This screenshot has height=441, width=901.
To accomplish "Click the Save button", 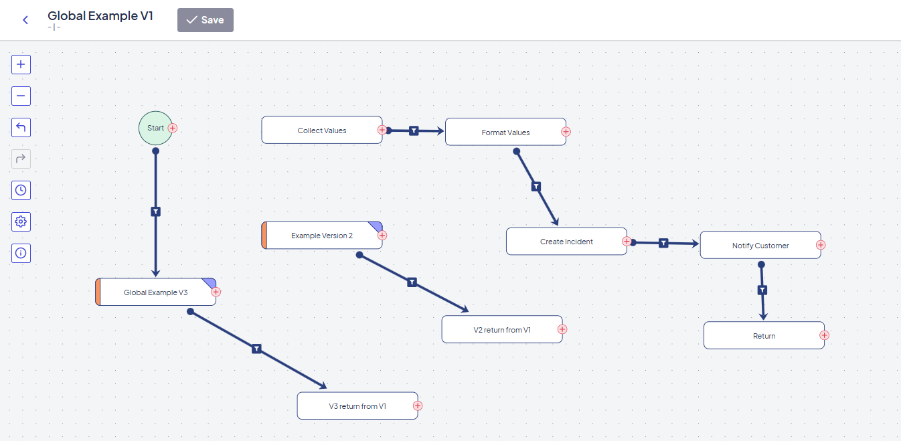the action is click(205, 19).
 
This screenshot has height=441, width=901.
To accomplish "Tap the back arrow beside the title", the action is click(25, 19).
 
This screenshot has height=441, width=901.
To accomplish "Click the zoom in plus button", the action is click(21, 64).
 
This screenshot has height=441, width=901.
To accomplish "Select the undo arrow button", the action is click(21, 127).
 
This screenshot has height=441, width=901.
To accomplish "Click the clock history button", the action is click(21, 190).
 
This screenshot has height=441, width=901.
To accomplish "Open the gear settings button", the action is click(21, 222).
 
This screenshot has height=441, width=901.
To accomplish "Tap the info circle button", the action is click(21, 253).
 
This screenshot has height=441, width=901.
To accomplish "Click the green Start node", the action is click(155, 128).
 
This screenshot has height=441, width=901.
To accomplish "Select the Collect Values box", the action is click(322, 130).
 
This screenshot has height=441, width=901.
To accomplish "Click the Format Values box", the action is click(505, 132).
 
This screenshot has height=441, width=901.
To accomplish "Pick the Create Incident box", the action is click(566, 241).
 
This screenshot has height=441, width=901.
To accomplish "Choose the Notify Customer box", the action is click(760, 245).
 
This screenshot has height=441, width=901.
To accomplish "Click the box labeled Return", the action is click(764, 335).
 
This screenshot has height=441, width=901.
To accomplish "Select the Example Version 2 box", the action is click(322, 235).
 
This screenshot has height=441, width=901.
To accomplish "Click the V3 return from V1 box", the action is click(357, 406).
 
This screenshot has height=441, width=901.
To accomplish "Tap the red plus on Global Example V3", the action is click(216, 292).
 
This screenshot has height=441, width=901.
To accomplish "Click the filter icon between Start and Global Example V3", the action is click(156, 211).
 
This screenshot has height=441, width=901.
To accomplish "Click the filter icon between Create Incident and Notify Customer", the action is click(663, 243).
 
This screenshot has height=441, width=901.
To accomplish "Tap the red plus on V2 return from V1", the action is click(562, 329).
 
